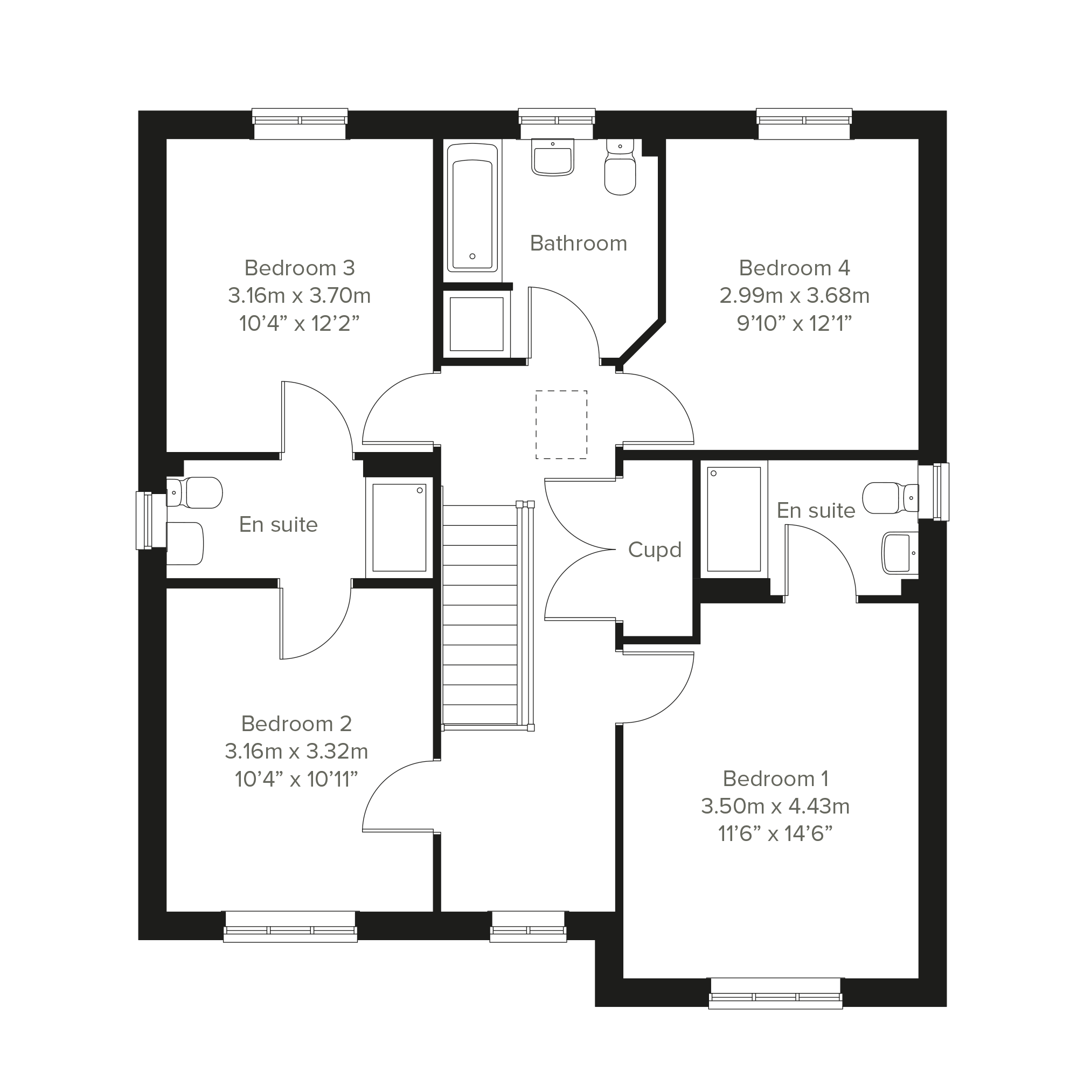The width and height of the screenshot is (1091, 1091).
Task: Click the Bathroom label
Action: (x=578, y=244)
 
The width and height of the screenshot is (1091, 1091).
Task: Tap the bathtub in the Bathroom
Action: (x=472, y=207)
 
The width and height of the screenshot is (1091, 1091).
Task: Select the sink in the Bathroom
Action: (x=552, y=157)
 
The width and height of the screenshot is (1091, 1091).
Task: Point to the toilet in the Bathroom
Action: (x=620, y=166)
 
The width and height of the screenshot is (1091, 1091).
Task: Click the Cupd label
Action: (x=655, y=550)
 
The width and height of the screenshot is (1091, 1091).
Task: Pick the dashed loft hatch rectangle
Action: (x=561, y=424)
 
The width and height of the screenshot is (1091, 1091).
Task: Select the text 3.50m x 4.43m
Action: (x=775, y=807)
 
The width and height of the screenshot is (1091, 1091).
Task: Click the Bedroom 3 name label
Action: (x=300, y=268)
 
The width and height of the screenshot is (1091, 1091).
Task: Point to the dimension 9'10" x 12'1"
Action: (x=794, y=323)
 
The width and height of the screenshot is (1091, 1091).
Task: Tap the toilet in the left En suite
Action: (x=194, y=493)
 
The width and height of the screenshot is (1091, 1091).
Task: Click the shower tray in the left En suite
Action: (x=399, y=527)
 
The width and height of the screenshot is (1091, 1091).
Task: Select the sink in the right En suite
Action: (x=900, y=553)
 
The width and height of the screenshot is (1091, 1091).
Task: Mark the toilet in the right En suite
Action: (x=891, y=498)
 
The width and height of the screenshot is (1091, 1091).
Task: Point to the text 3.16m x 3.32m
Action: (x=296, y=752)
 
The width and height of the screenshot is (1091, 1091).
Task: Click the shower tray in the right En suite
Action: (x=734, y=519)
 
